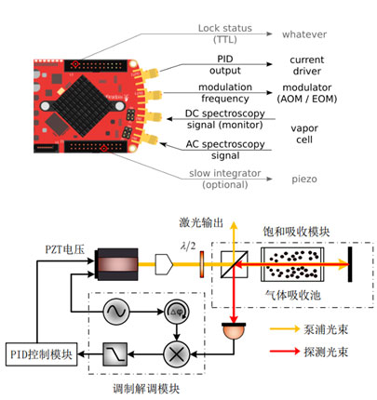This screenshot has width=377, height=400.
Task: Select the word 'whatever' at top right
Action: pyautogui.click(x=299, y=34)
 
